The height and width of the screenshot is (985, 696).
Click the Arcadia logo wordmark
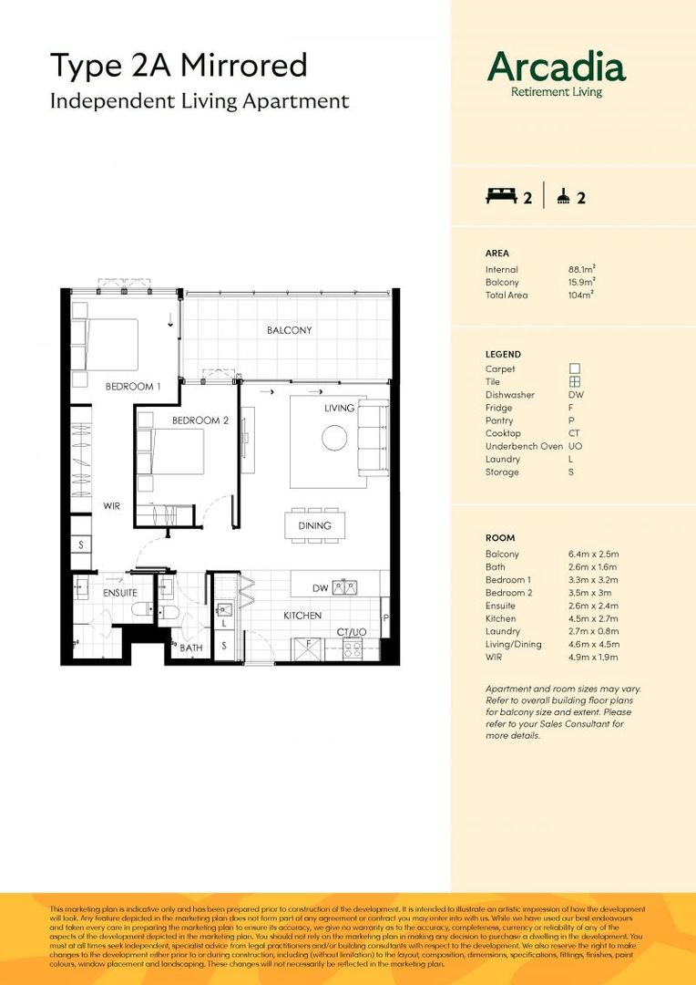556,67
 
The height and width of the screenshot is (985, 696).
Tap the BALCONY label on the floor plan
289,330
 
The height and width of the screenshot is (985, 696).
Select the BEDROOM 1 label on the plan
133,387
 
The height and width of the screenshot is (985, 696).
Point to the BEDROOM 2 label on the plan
200,420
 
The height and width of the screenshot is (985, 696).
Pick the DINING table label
314,525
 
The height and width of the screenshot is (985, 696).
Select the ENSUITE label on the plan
119,592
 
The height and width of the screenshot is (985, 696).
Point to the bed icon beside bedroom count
500,195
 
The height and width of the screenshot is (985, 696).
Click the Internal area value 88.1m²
582,269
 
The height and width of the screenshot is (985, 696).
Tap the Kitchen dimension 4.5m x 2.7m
595,618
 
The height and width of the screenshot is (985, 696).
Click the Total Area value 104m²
580,295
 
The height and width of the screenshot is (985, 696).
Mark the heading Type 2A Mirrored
178,66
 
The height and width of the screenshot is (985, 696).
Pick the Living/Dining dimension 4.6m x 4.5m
595,644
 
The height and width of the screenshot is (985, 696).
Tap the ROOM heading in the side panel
501,538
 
